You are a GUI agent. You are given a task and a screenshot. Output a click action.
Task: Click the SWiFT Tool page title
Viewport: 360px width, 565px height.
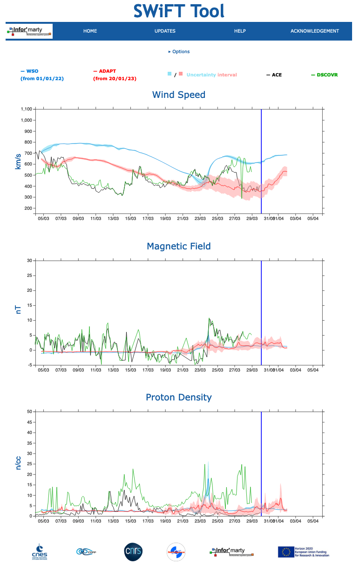coord(179,11)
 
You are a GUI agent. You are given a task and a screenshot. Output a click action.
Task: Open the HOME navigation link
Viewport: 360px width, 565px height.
coord(90,31)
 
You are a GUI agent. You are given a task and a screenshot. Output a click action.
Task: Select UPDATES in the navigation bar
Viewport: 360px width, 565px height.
coord(165,31)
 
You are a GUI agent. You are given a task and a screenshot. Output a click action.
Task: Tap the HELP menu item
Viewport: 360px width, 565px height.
coord(240,31)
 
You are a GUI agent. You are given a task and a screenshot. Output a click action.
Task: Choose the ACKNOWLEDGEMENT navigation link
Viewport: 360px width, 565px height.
coord(314,31)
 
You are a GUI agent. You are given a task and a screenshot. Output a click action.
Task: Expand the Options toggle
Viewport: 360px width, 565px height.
coord(179,52)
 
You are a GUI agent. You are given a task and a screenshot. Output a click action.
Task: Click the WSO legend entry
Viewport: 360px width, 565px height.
coord(32,71)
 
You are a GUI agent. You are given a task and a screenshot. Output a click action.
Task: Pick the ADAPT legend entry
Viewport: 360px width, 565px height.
coord(107,71)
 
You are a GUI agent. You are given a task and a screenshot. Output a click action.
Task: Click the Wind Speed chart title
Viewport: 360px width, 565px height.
coord(179,95)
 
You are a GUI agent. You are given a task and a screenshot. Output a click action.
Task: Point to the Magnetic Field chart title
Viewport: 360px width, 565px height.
coord(179,246)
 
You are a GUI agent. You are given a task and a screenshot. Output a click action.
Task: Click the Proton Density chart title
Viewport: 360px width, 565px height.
coord(179,397)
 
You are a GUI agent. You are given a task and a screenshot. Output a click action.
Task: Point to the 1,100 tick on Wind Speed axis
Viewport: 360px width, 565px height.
coord(26,109)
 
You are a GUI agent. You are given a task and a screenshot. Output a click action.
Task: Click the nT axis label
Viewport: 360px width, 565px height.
coord(19,309)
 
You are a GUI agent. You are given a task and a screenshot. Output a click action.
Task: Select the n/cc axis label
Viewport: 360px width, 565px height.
coord(19,462)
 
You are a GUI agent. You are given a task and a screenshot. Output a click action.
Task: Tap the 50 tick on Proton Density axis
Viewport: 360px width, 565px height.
coord(29,412)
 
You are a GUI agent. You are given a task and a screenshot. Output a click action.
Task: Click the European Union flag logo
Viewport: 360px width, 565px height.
coord(285,552)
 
